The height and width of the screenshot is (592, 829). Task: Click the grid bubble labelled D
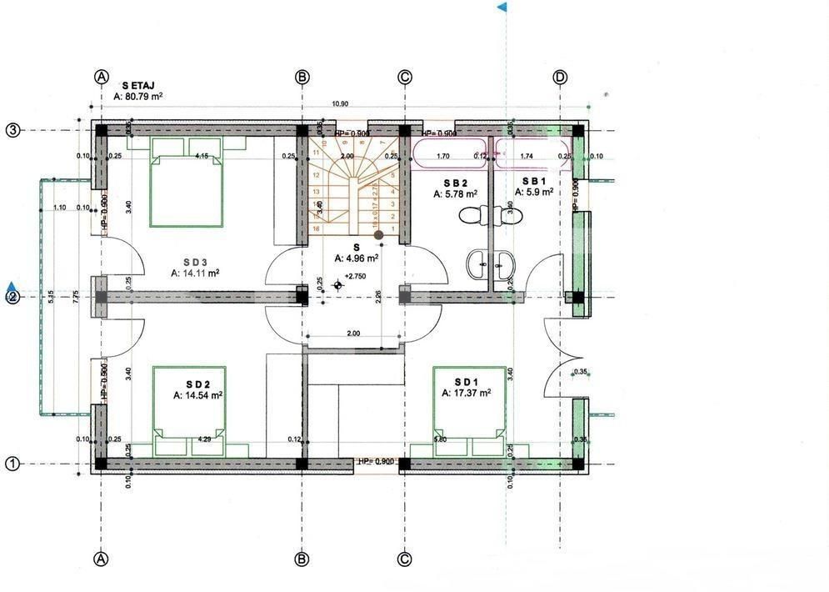560,78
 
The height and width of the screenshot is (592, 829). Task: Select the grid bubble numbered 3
13,130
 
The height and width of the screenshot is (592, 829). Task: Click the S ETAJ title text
142,85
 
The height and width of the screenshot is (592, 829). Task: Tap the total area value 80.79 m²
137,97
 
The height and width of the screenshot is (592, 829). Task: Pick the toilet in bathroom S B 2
471,215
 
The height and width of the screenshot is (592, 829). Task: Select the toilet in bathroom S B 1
510,215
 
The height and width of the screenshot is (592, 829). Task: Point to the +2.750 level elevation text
356,276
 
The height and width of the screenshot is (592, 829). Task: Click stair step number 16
316,228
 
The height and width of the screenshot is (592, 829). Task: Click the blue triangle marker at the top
502,8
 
